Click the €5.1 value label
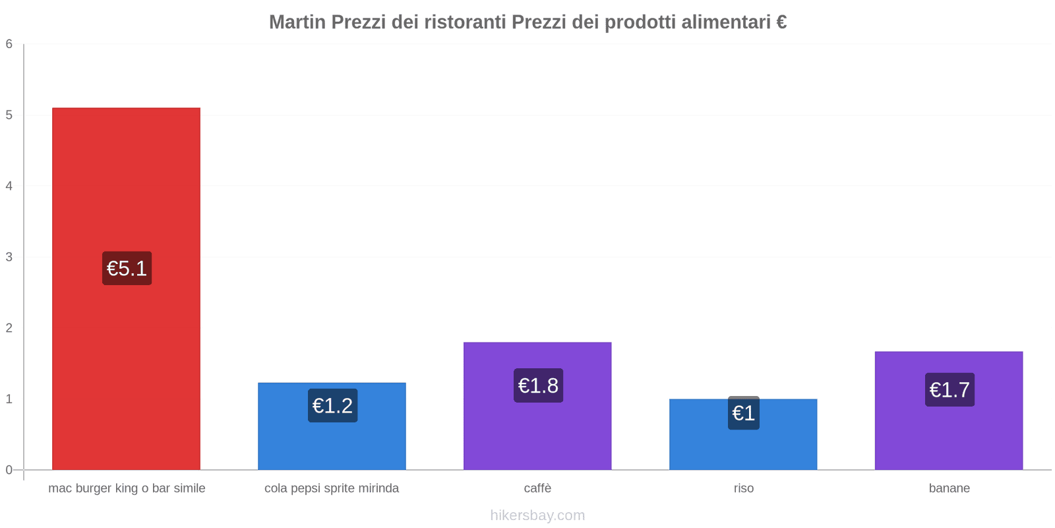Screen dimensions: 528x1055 [x=127, y=269]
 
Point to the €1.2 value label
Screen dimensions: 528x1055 [x=332, y=405]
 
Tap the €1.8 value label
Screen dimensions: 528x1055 [x=538, y=385]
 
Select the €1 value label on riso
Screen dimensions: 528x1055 [x=743, y=413]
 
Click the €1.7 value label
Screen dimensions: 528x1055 [x=950, y=390]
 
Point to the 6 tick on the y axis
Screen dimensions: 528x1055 [x=9, y=44]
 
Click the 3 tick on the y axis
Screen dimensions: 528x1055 [x=9, y=257]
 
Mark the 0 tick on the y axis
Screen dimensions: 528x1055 [x=9, y=470]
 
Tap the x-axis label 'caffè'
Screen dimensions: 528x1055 [x=537, y=488]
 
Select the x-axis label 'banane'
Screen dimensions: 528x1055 [x=949, y=488]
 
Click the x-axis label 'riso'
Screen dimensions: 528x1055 [x=743, y=488]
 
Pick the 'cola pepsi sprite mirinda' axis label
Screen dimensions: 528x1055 [x=332, y=488]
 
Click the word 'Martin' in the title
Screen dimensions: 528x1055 [x=297, y=22]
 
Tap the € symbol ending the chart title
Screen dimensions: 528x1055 [x=781, y=22]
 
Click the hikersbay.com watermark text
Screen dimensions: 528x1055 [x=537, y=515]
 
